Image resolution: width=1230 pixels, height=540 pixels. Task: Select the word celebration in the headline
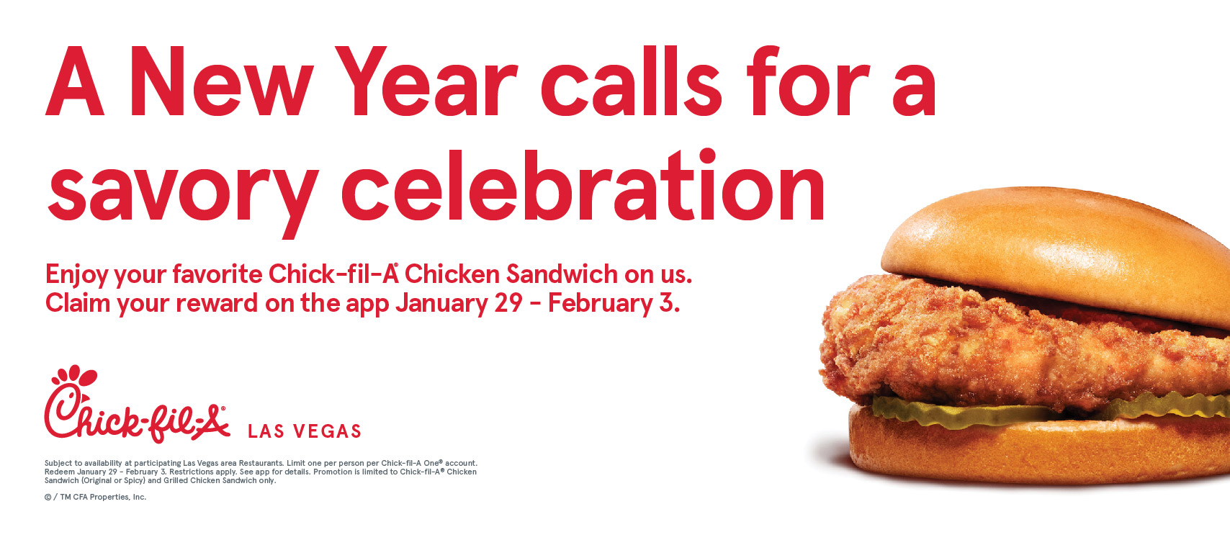click(583, 185)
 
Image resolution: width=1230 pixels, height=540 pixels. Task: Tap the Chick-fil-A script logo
click(137, 404)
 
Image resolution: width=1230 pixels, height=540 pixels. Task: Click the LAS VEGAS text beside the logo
click(305, 431)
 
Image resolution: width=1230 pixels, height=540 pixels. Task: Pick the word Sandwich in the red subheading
click(562, 274)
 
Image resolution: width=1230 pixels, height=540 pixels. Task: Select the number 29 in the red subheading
click(508, 303)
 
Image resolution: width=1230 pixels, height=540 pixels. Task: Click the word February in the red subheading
click(600, 304)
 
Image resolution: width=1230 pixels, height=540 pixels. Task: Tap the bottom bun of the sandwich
click(1038, 450)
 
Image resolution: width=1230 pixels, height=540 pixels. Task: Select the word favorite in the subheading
click(217, 274)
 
